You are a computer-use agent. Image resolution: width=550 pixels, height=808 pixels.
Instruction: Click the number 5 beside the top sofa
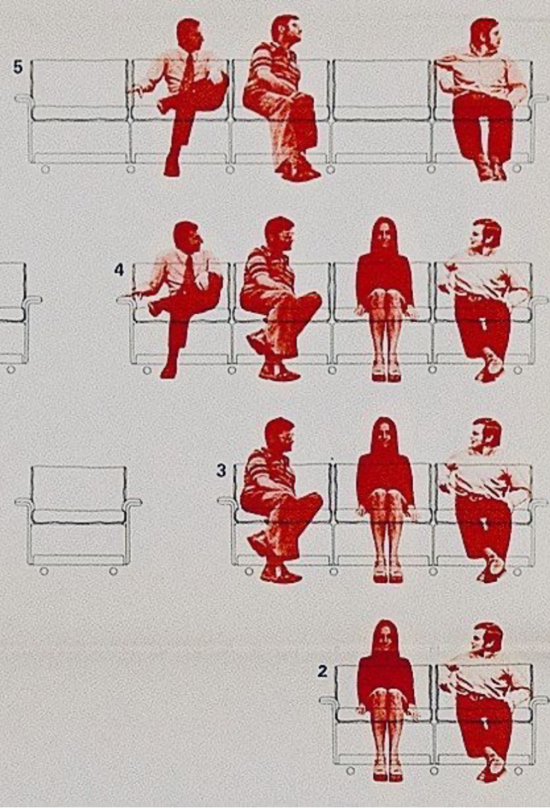pos(18,67)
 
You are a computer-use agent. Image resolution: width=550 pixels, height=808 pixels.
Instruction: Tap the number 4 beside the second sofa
pos(119,269)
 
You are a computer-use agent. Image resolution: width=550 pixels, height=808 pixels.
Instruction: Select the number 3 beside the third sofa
pos(221,471)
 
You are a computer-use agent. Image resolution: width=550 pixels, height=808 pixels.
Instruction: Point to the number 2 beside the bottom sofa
pos(323,671)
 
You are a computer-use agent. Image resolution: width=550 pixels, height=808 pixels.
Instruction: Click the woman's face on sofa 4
pos(384,239)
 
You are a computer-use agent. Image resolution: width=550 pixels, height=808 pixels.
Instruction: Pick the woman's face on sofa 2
pos(385,640)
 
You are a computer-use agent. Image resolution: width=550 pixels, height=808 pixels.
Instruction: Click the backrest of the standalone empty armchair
pos(79,487)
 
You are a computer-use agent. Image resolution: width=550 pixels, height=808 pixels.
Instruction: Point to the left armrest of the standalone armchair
pos(24,503)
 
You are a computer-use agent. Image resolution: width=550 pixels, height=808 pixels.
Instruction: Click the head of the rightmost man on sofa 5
pos(486,35)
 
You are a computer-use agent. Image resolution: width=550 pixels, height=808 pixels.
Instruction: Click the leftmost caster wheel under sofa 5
pos(46,168)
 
